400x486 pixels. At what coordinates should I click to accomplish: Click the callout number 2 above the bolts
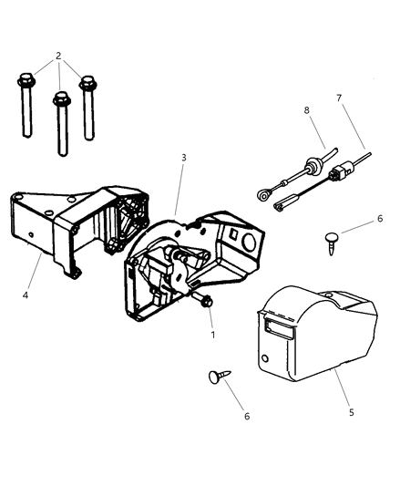[57, 56]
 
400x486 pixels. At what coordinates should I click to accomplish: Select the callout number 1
[212, 336]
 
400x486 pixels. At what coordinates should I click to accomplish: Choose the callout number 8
[307, 112]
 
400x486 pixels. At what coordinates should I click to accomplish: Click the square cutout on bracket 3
[247, 234]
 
